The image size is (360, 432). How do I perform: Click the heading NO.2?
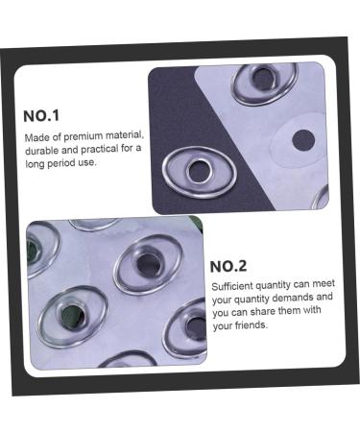pos(228,266)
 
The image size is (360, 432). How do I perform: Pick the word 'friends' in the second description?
pos(249,325)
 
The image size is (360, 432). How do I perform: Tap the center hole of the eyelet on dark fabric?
pos(200,172)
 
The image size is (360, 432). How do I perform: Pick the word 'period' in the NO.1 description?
pos(71,163)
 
